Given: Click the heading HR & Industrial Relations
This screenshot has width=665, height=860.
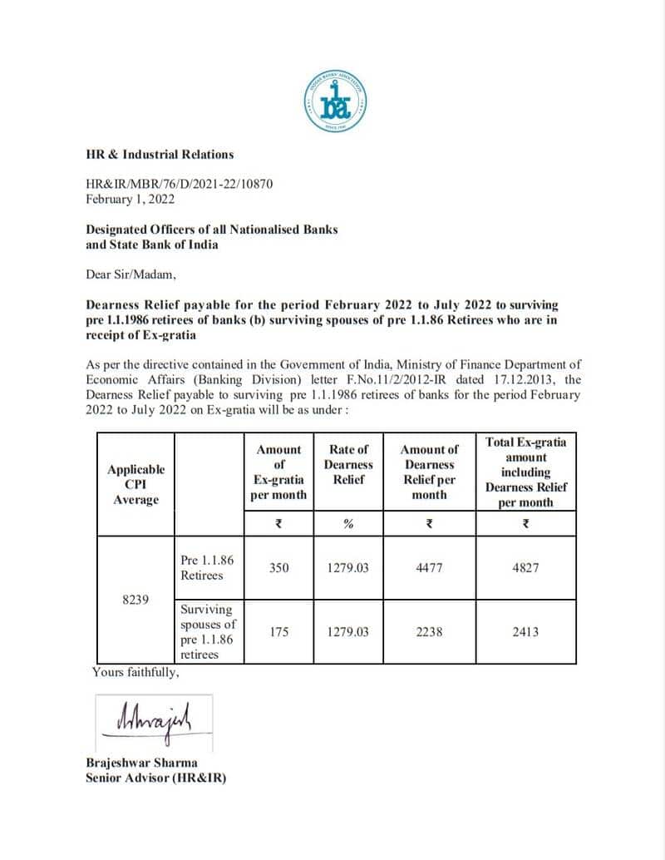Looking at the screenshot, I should click(160, 154).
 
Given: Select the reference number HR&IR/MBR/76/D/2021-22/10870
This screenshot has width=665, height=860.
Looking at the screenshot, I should click(180, 185).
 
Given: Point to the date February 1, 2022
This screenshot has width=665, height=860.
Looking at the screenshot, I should click(130, 199).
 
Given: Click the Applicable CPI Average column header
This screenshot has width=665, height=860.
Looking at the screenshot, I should click(136, 485).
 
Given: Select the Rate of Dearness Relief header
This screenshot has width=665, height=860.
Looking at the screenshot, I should click(348, 464).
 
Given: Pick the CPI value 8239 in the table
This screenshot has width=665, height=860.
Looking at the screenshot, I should click(135, 600).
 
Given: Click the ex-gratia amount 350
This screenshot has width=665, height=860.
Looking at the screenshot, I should click(279, 568).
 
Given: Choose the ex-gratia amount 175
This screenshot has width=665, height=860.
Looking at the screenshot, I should click(279, 632).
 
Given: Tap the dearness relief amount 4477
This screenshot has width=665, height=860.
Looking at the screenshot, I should click(430, 568).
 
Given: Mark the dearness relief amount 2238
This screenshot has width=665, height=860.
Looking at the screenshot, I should click(430, 632).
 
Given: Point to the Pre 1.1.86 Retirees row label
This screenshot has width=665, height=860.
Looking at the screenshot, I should click(207, 568).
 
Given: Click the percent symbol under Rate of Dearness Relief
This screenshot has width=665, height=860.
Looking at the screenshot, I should click(348, 524).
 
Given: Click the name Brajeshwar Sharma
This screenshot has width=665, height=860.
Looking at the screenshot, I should click(142, 763).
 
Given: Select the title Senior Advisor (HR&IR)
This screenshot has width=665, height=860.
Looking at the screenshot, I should click(155, 778).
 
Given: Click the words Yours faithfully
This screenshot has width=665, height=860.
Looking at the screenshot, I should click(135, 672).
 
